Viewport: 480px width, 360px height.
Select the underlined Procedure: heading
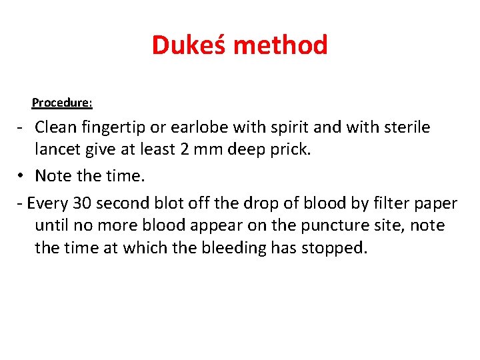point(62,103)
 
